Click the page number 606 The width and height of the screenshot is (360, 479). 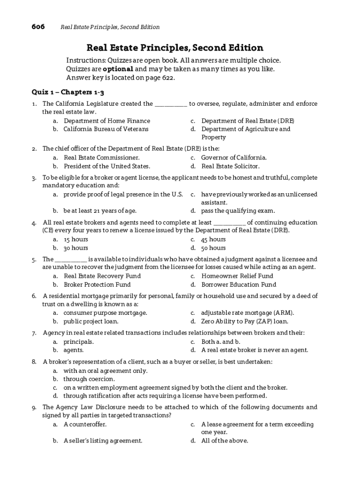point(38,27)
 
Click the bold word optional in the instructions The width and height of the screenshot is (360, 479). point(118,69)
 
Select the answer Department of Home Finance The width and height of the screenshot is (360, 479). point(107,121)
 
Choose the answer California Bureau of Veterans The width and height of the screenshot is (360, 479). point(106,129)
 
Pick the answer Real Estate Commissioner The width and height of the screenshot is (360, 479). point(101,158)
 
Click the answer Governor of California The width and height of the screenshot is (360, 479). point(234,158)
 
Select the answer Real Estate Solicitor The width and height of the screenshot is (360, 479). point(230,166)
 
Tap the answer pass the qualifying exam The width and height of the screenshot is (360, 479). point(238,210)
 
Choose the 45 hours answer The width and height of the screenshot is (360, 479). point(213,239)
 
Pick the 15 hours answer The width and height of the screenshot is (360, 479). point(76,239)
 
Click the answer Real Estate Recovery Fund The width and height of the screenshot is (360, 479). point(102,276)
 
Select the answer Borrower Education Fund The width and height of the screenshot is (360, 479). point(238,284)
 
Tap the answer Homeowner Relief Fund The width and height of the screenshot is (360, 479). point(237,276)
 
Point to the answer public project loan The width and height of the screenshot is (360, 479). point(91,321)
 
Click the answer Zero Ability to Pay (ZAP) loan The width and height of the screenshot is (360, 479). point(245,321)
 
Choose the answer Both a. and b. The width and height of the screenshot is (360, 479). point(217,341)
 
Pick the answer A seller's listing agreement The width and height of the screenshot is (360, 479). point(103,441)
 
